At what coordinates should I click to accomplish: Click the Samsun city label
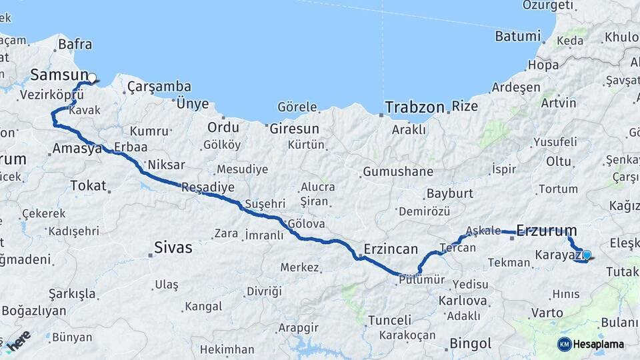[x=59, y=75]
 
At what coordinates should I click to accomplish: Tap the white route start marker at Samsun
[x=92, y=78]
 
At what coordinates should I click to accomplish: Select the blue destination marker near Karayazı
[x=587, y=255]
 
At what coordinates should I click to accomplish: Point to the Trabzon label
[x=413, y=107]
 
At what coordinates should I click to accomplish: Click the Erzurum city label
[x=546, y=231]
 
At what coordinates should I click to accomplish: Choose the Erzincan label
[x=390, y=249]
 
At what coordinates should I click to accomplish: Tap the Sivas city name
[x=173, y=248]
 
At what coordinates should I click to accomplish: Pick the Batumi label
[x=517, y=37]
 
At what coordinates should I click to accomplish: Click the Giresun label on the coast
[x=294, y=129]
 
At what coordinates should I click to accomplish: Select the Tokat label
[x=88, y=186]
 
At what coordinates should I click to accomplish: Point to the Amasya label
[x=77, y=149]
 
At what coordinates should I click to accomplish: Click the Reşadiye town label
[x=208, y=187]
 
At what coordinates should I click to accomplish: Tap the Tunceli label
[x=389, y=320]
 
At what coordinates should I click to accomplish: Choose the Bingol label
[x=471, y=344]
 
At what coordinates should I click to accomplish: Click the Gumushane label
[x=398, y=172]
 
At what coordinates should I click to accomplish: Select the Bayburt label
[x=449, y=194]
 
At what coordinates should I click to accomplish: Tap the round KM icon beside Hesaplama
[x=564, y=344]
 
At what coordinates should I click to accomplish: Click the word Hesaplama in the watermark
[x=599, y=345]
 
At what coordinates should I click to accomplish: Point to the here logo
[x=19, y=341]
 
